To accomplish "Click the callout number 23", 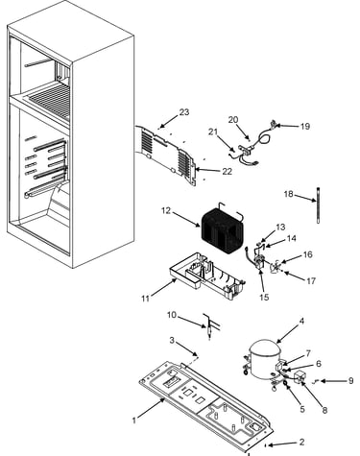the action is pyautogui.click(x=184, y=112).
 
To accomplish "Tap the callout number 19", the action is pyautogui.click(x=305, y=126).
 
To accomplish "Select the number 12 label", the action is pyautogui.click(x=166, y=210).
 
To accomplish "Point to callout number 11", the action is pyautogui.click(x=145, y=299).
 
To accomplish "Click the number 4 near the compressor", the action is pyautogui.click(x=301, y=321).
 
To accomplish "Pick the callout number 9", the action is pyautogui.click(x=350, y=380).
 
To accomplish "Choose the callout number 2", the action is pyautogui.click(x=301, y=442).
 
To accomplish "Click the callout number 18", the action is pyautogui.click(x=288, y=194).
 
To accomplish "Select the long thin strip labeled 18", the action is pyautogui.click(x=318, y=205).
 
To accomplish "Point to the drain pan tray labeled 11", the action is pyautogui.click(x=206, y=276).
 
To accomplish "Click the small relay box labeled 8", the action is pyautogui.click(x=299, y=376).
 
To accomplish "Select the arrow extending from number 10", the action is pyautogui.click(x=192, y=322).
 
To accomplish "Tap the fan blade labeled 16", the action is pyautogui.click(x=276, y=267).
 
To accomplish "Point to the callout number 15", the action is pyautogui.click(x=264, y=297).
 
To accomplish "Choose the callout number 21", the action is pyautogui.click(x=213, y=132).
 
